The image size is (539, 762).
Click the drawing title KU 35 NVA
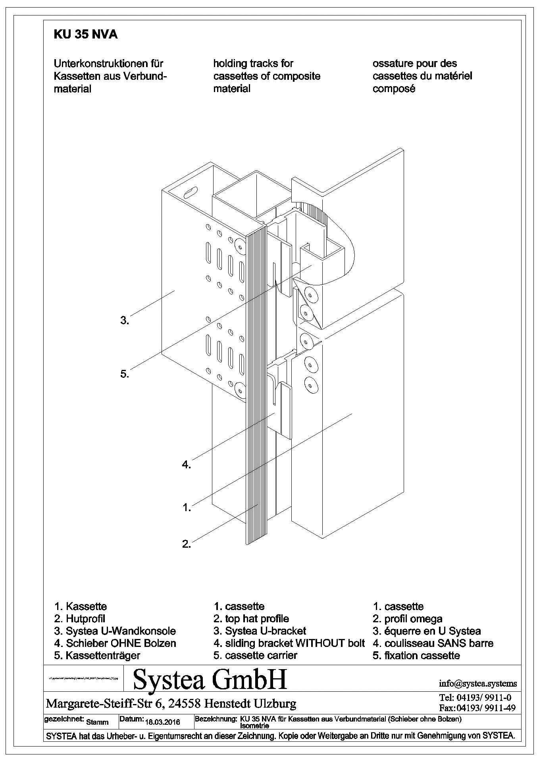click(85, 35)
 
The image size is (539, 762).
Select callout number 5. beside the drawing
click(125, 373)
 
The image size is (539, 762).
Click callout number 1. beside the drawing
click(187, 507)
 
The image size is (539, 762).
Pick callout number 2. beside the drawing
click(187, 544)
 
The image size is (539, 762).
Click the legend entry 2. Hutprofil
click(80, 618)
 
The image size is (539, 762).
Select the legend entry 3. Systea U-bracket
click(260, 631)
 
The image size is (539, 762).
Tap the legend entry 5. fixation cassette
click(416, 655)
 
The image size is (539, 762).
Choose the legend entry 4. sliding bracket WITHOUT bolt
click(289, 643)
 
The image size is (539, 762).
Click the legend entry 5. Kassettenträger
click(97, 655)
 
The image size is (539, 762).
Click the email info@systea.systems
click(478, 683)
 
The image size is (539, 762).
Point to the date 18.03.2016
click(163, 722)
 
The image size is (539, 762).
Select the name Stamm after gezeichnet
click(97, 722)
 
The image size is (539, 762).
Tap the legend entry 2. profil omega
click(408, 618)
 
